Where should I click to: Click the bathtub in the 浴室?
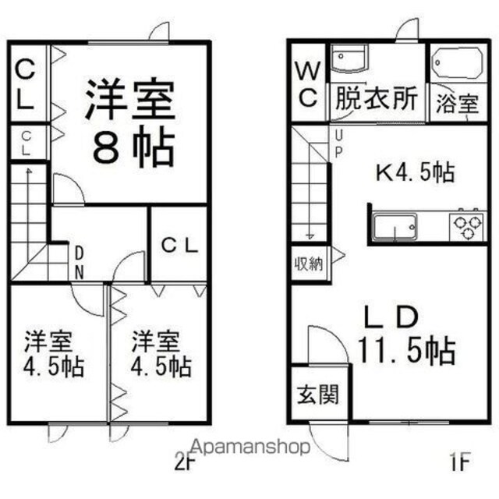tap(457, 62)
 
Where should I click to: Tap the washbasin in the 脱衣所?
tap(349, 58)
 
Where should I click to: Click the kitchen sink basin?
tap(395, 227)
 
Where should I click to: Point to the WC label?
tap(308, 84)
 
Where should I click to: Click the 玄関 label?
tap(317, 395)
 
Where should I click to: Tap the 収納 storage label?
tap(309, 264)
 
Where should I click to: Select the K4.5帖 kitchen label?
tap(415, 172)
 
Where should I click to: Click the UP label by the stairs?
tap(338, 144)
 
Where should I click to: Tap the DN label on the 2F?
tap(79, 264)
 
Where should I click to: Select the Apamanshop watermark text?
tap(251, 447)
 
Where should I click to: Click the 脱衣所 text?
tap(377, 98)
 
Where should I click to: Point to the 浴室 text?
tap(458, 103)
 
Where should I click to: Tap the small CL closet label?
tap(27, 143)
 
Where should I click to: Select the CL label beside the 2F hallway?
tap(180, 246)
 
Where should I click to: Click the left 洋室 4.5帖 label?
tap(54, 354)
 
